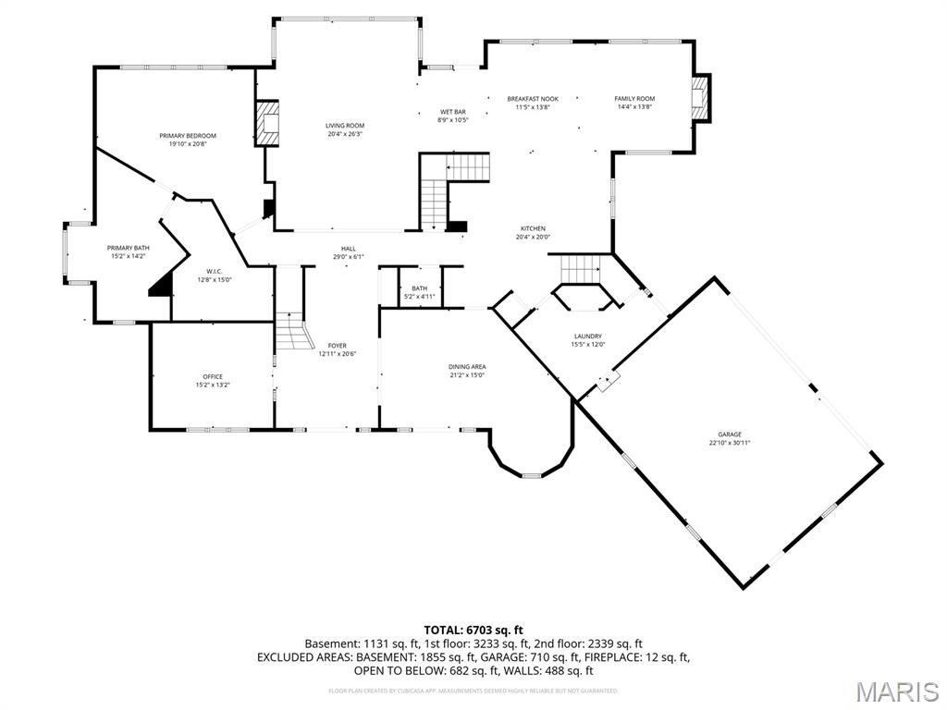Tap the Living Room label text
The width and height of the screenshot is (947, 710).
(x=345, y=126)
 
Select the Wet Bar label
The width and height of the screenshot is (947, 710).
(x=452, y=112)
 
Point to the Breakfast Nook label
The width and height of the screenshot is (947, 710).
(x=533, y=99)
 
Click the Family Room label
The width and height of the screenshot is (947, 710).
(x=634, y=99)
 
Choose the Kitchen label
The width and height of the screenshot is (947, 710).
(x=533, y=228)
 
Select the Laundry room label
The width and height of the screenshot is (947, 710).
(x=587, y=337)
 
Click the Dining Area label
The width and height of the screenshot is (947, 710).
(x=467, y=367)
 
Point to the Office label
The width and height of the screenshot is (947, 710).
(x=213, y=377)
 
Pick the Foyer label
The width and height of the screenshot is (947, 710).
(x=337, y=346)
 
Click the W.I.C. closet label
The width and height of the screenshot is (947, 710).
(x=215, y=271)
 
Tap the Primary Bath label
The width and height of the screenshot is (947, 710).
(x=128, y=248)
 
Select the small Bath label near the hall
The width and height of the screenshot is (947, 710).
(x=420, y=288)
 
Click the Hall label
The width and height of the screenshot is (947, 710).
(x=348, y=249)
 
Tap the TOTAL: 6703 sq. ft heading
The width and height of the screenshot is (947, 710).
(x=473, y=630)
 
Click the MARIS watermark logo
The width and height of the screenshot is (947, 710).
(x=896, y=692)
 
